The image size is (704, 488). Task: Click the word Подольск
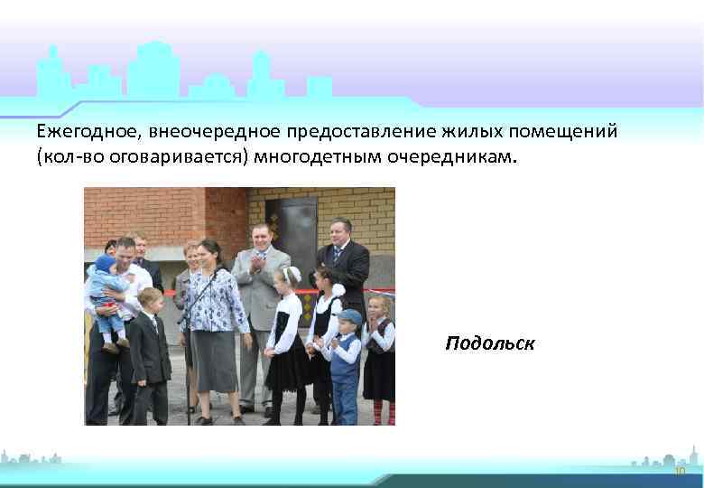(x=489, y=343)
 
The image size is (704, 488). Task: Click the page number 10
(x=680, y=472)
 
